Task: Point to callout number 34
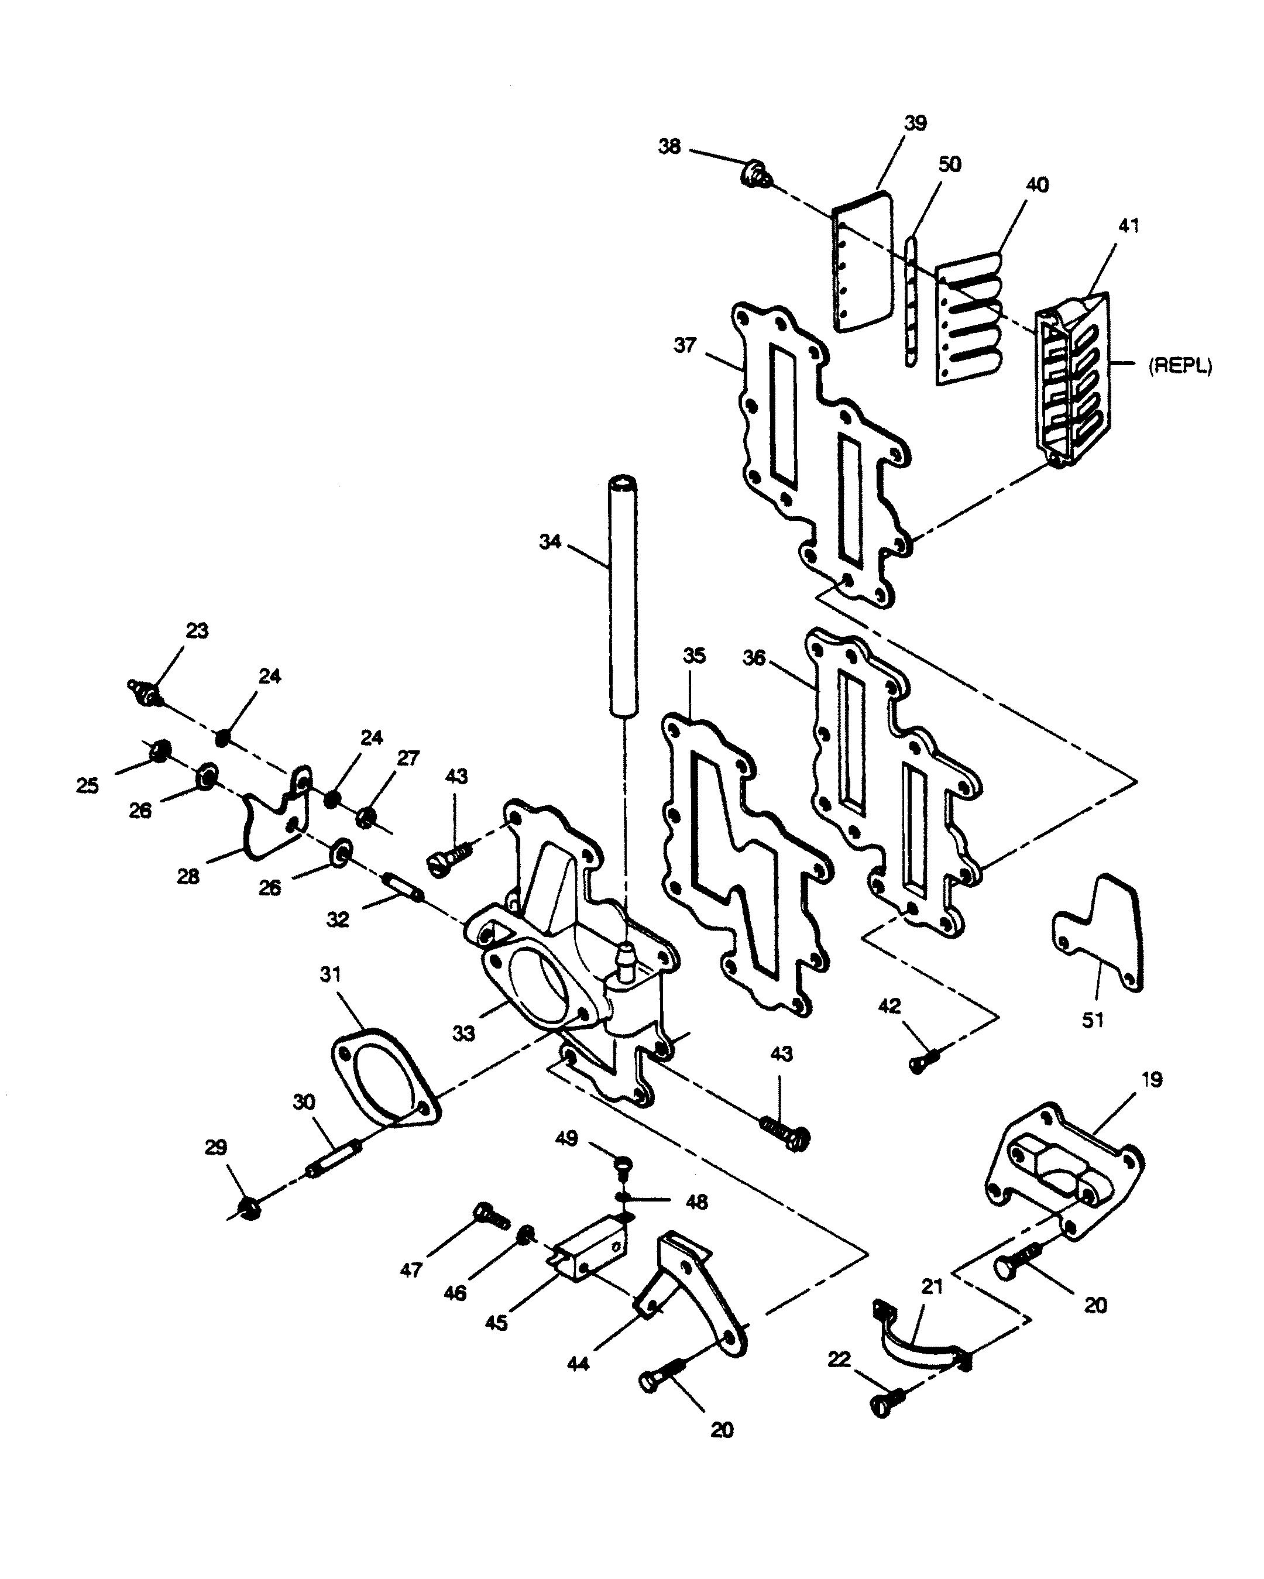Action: [x=550, y=541]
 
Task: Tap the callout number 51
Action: [x=1093, y=1020]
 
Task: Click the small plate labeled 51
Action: [x=1098, y=932]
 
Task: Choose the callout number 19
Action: [x=1152, y=1080]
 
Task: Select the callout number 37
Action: [x=685, y=344]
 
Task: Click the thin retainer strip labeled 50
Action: [x=911, y=301]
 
